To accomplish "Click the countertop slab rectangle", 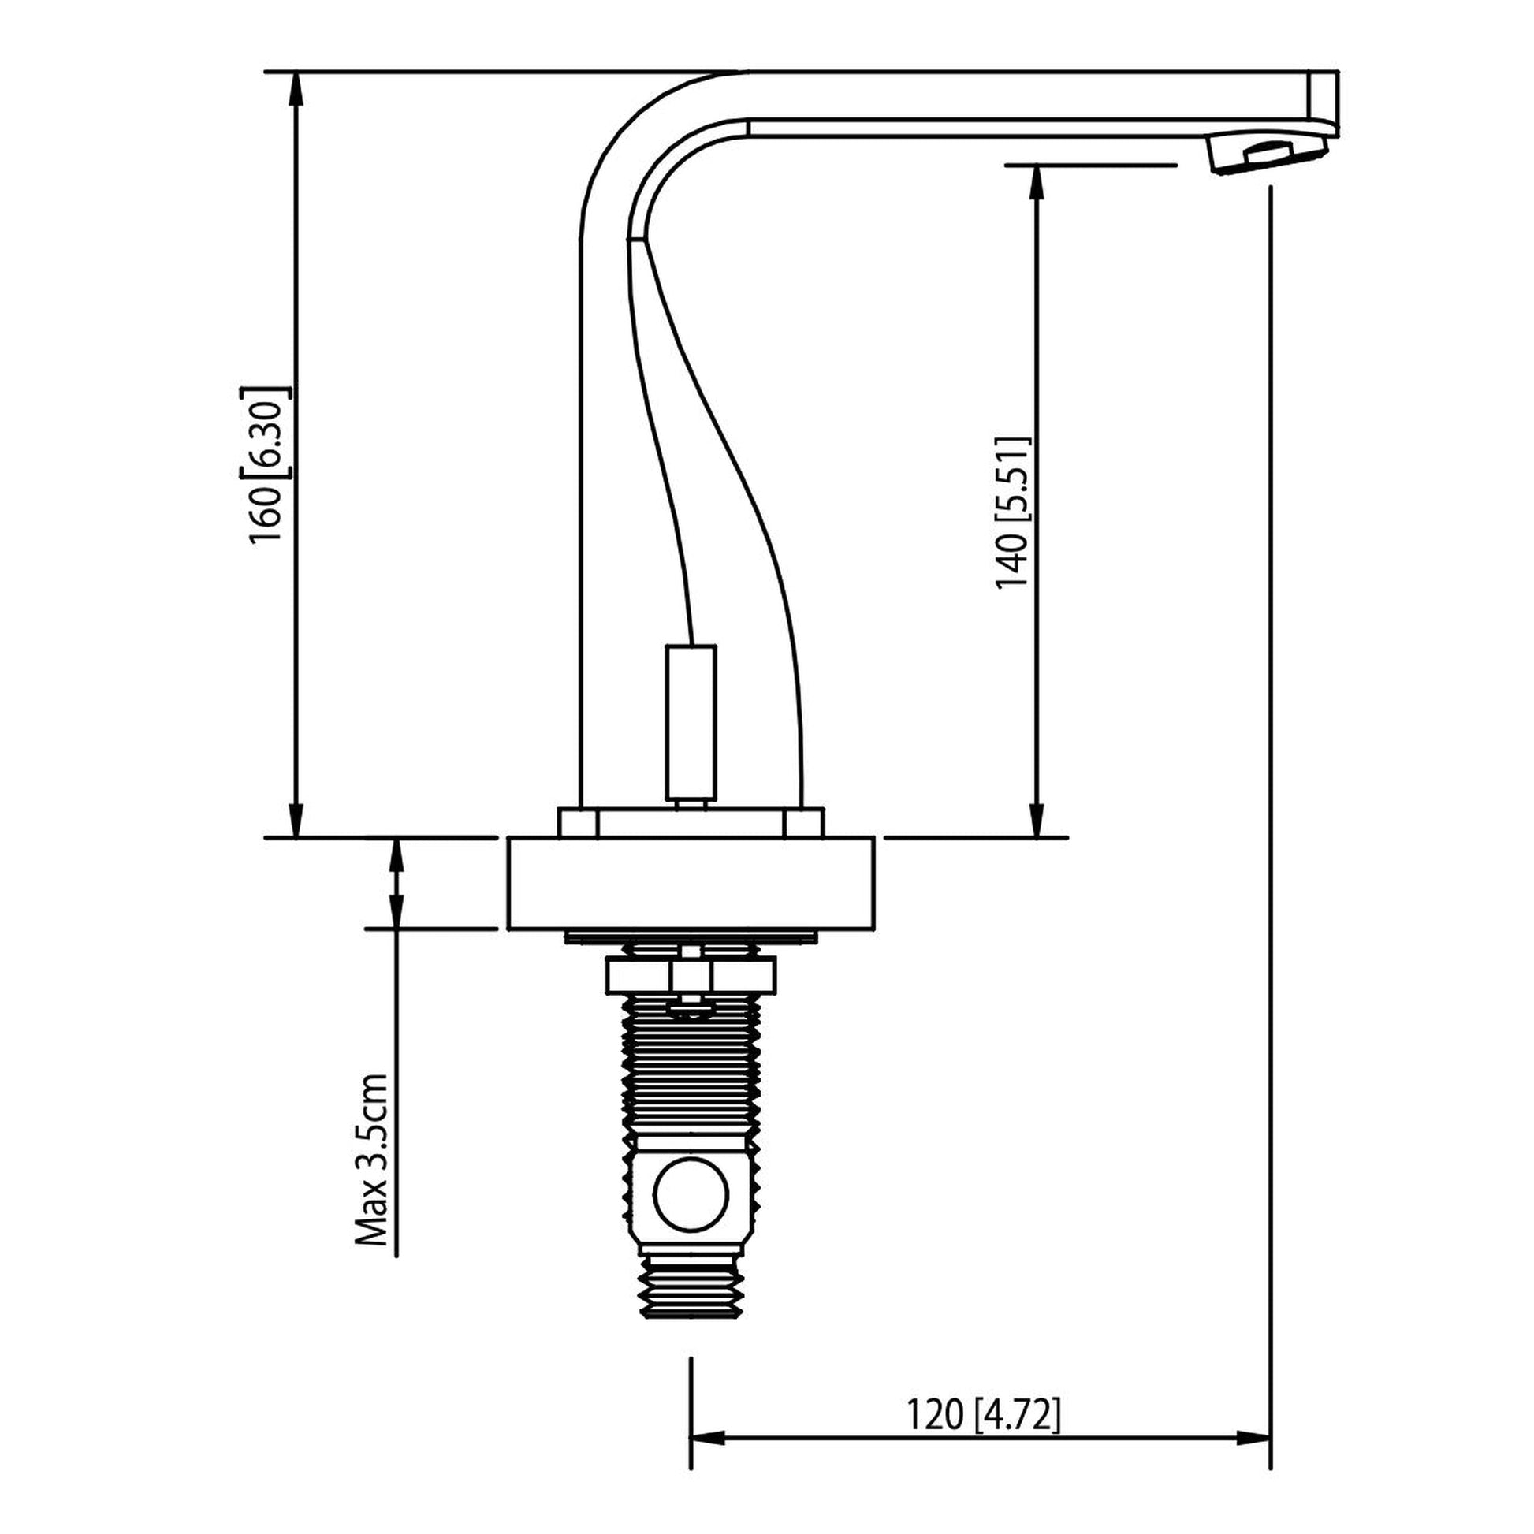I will click(x=691, y=882).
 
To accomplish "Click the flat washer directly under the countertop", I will click(x=690, y=937).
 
